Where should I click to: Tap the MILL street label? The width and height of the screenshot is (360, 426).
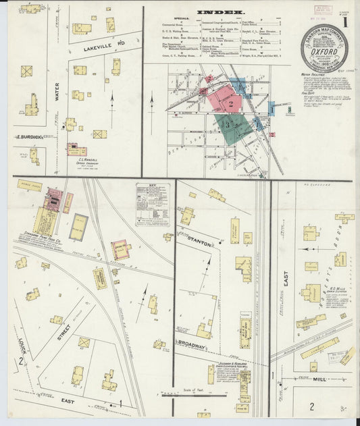coord(319,379)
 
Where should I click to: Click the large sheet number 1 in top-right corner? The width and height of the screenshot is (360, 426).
coord(344,20)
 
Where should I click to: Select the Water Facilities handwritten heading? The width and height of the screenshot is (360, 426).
coord(317,76)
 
